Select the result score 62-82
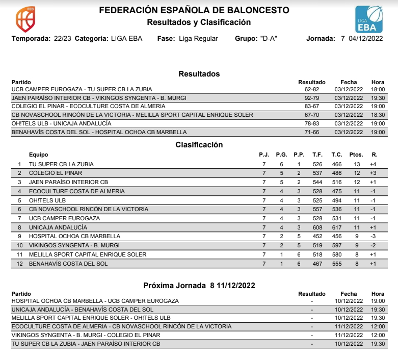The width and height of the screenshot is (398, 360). (311, 89)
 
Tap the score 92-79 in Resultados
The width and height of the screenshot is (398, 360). (311, 98)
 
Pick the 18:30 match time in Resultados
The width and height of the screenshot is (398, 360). (378, 115)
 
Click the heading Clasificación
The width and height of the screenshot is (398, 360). (199, 145)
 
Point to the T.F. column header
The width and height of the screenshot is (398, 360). (317, 155)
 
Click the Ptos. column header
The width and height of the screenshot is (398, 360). (356, 155)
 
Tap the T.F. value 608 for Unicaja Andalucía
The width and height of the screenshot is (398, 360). (317, 227)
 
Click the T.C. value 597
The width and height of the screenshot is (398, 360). (336, 245)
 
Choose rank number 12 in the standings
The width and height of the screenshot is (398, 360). (19, 264)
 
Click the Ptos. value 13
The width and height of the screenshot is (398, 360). (357, 164)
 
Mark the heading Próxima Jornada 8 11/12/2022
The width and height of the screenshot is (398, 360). (199, 285)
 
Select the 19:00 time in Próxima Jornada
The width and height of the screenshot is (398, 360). (378, 301)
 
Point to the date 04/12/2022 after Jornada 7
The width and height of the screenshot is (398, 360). (365, 39)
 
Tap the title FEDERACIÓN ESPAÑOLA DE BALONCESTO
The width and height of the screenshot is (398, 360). (194, 10)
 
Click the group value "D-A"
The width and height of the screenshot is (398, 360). (268, 39)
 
